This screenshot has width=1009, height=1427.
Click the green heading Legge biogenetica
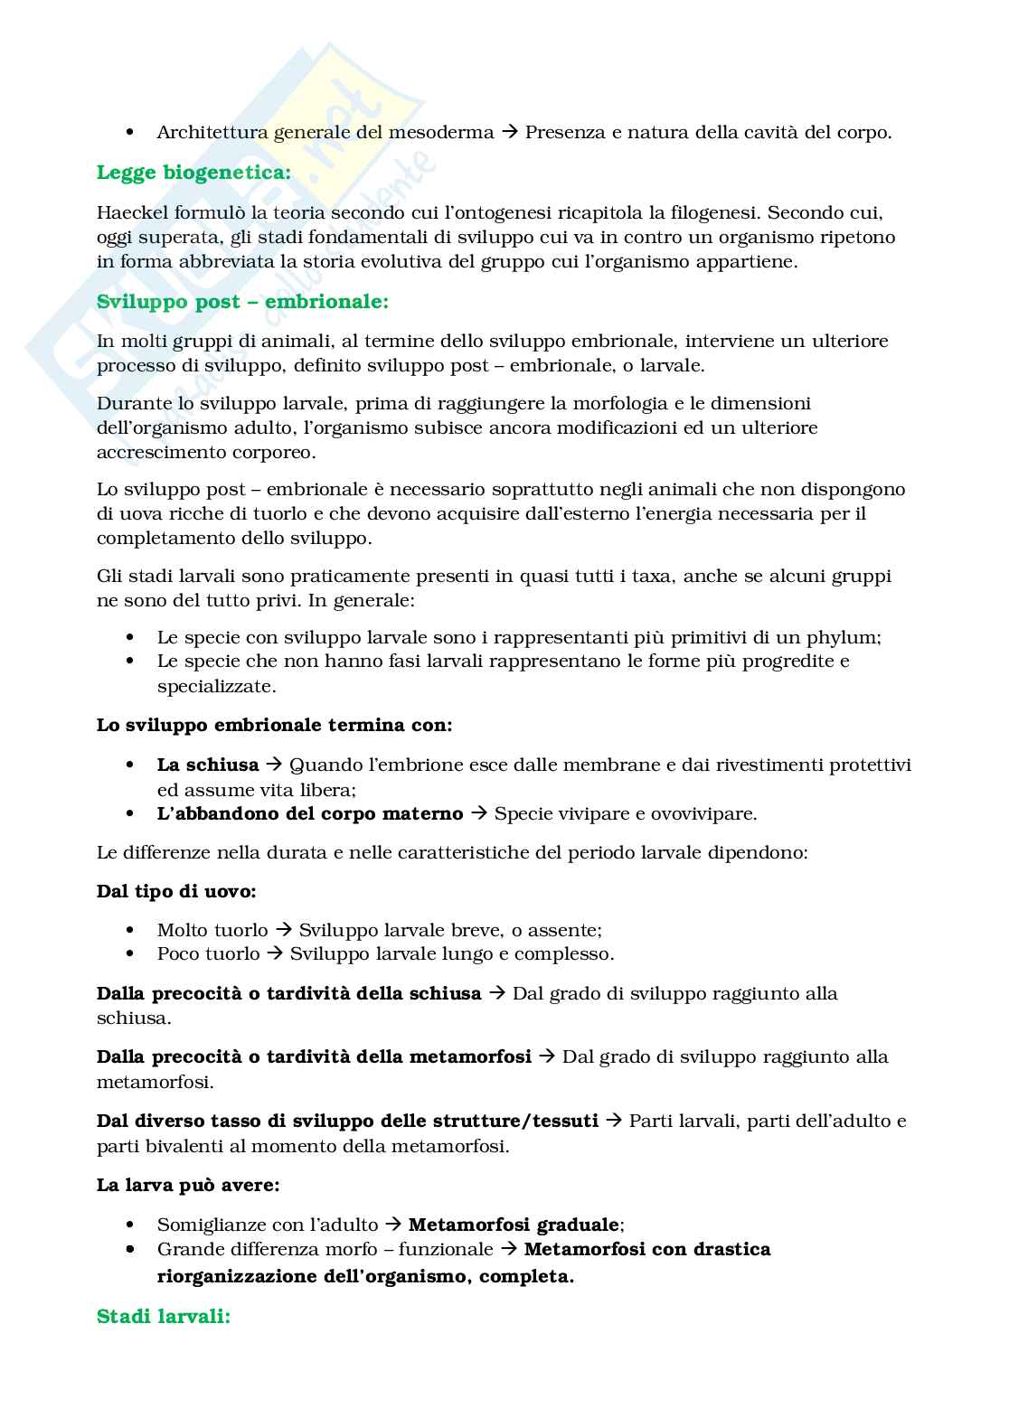tap(193, 172)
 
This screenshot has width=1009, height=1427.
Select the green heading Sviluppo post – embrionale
tap(242, 301)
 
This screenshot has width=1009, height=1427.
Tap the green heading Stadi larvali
tap(164, 1316)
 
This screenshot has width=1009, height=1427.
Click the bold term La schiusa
tap(207, 765)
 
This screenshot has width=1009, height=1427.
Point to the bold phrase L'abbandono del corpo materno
tap(309, 813)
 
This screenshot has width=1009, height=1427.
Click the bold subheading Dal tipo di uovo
tap(176, 891)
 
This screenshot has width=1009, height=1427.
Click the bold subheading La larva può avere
tap(188, 1185)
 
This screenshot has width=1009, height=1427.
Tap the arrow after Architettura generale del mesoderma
tap(510, 132)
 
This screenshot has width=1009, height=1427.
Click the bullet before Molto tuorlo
tap(132, 930)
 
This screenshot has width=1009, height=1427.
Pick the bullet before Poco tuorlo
tap(132, 954)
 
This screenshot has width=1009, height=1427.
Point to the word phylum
tap(847, 636)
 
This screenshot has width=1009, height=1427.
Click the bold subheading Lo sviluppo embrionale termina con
tap(275, 725)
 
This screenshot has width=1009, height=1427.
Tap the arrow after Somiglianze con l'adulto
tap(393, 1225)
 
